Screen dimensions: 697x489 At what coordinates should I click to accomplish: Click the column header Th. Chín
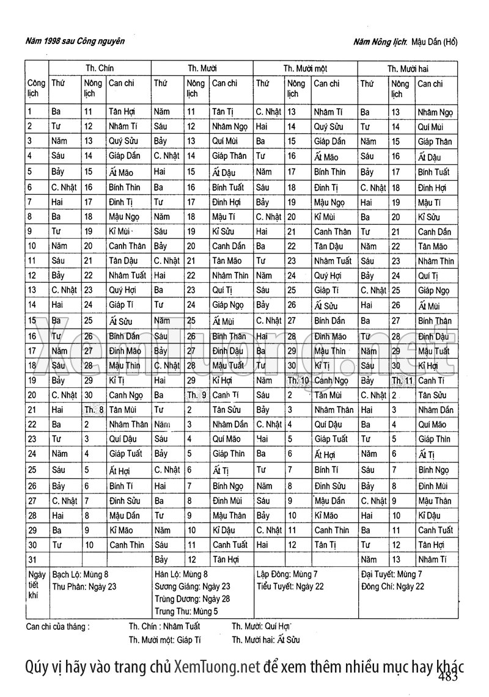[x=100, y=68]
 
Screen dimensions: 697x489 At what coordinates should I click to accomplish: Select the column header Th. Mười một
[x=306, y=69]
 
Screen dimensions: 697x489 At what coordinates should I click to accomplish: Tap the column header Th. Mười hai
[x=408, y=69]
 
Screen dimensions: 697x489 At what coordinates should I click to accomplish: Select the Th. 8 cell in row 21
[x=94, y=410]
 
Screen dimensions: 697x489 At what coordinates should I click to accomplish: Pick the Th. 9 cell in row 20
[x=196, y=395]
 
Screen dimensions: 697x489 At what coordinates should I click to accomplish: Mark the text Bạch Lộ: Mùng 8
[x=81, y=575]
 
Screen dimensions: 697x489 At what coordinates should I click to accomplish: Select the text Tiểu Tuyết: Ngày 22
[x=290, y=586]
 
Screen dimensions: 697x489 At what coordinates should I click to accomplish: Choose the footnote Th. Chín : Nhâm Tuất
[x=164, y=626]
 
